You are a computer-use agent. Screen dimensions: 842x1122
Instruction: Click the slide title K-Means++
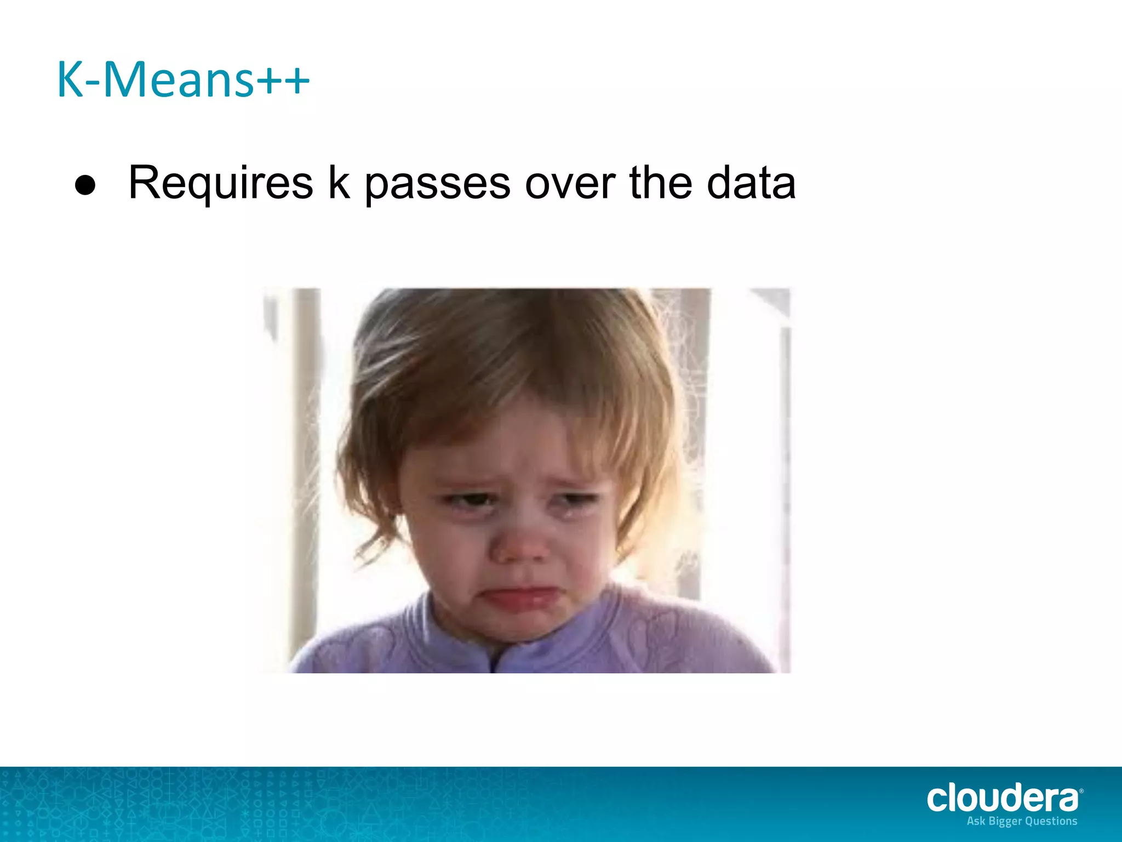[183, 80]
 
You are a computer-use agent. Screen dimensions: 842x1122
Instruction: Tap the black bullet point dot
[85, 185]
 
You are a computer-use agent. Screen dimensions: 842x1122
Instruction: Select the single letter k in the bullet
[339, 182]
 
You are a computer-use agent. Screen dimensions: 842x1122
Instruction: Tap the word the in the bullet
[661, 182]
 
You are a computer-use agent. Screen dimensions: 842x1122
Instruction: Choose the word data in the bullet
[751, 183]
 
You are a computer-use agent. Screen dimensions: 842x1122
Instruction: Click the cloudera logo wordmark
[1001, 798]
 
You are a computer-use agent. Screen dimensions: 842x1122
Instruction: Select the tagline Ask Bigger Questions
[1022, 821]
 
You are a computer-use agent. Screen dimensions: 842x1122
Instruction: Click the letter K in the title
[70, 80]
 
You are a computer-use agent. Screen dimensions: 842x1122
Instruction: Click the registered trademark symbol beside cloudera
[1080, 791]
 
